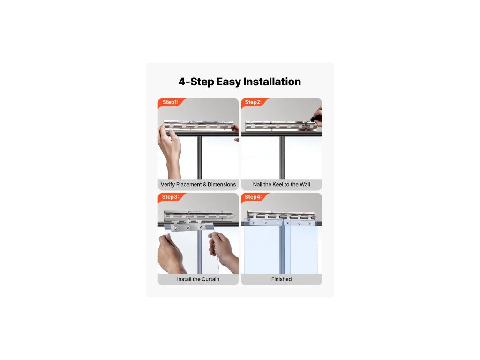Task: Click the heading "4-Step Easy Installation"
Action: [x=240, y=82]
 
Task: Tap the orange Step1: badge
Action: [x=171, y=102]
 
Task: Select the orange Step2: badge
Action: [x=254, y=102]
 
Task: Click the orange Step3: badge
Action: [x=171, y=197]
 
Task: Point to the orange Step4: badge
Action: [x=254, y=197]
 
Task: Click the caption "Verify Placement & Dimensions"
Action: [x=198, y=184]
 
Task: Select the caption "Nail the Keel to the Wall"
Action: [x=281, y=184]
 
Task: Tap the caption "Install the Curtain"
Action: [x=198, y=279]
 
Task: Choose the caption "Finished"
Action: [x=281, y=279]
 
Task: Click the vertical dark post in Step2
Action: [x=282, y=157]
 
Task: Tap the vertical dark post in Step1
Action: [x=199, y=157]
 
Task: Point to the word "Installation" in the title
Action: [x=272, y=82]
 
